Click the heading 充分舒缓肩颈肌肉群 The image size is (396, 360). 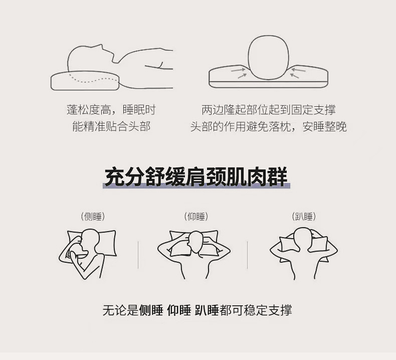(x=196, y=177)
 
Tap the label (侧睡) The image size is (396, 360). (x=93, y=217)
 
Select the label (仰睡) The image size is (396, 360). (x=196, y=217)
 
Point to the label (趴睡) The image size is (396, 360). (x=304, y=217)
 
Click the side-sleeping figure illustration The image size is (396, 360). (x=87, y=253)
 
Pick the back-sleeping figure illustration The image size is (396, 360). (x=194, y=254)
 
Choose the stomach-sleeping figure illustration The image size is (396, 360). (x=304, y=253)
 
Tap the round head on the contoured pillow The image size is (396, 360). (x=269, y=57)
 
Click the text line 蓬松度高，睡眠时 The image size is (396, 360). (x=111, y=110)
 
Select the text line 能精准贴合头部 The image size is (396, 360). (x=111, y=126)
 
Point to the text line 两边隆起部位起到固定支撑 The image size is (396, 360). (x=269, y=110)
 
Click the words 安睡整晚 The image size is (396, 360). (x=324, y=126)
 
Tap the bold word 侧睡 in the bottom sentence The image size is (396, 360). (x=151, y=310)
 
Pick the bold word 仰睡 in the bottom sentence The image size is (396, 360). (x=179, y=310)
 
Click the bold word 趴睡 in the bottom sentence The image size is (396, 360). (x=207, y=310)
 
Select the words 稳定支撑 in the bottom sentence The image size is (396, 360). (x=268, y=310)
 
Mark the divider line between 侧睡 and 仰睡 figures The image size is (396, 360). (x=138, y=255)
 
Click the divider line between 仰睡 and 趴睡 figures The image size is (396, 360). (x=247, y=255)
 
